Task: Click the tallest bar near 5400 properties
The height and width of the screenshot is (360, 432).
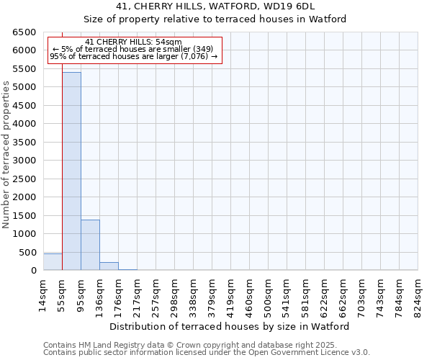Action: (x=71, y=171)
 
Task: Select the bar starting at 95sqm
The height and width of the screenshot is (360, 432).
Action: (x=90, y=245)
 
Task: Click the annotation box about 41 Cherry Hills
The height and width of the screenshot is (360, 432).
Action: (x=134, y=50)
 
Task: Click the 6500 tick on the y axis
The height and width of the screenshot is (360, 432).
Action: (x=23, y=32)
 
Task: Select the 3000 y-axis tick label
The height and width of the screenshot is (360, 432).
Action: (x=23, y=161)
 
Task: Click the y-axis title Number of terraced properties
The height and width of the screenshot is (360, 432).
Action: (x=6, y=155)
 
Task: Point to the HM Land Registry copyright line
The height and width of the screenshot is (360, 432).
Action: (x=189, y=345)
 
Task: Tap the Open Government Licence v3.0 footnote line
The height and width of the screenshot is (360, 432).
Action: (x=207, y=353)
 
